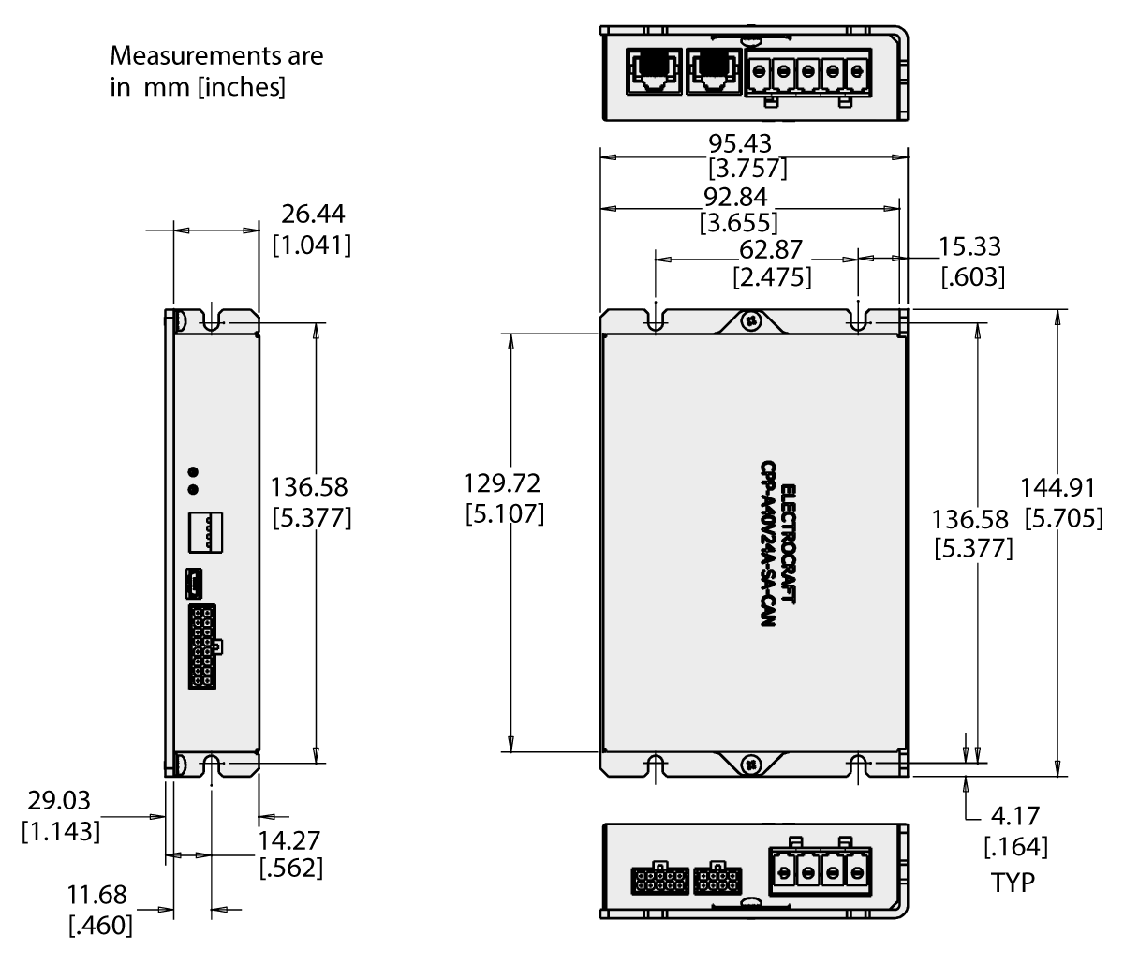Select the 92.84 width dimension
click(x=740, y=198)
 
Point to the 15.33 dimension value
click(x=970, y=247)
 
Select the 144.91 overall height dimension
click(x=1062, y=488)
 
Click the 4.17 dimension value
click(x=1015, y=815)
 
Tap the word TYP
click(x=1013, y=883)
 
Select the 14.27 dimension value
click(x=290, y=839)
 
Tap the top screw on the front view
click(x=750, y=321)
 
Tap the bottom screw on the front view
click(x=750, y=764)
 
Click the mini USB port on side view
click(x=194, y=583)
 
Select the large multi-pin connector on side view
click(x=202, y=647)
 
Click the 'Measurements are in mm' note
click(x=216, y=72)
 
